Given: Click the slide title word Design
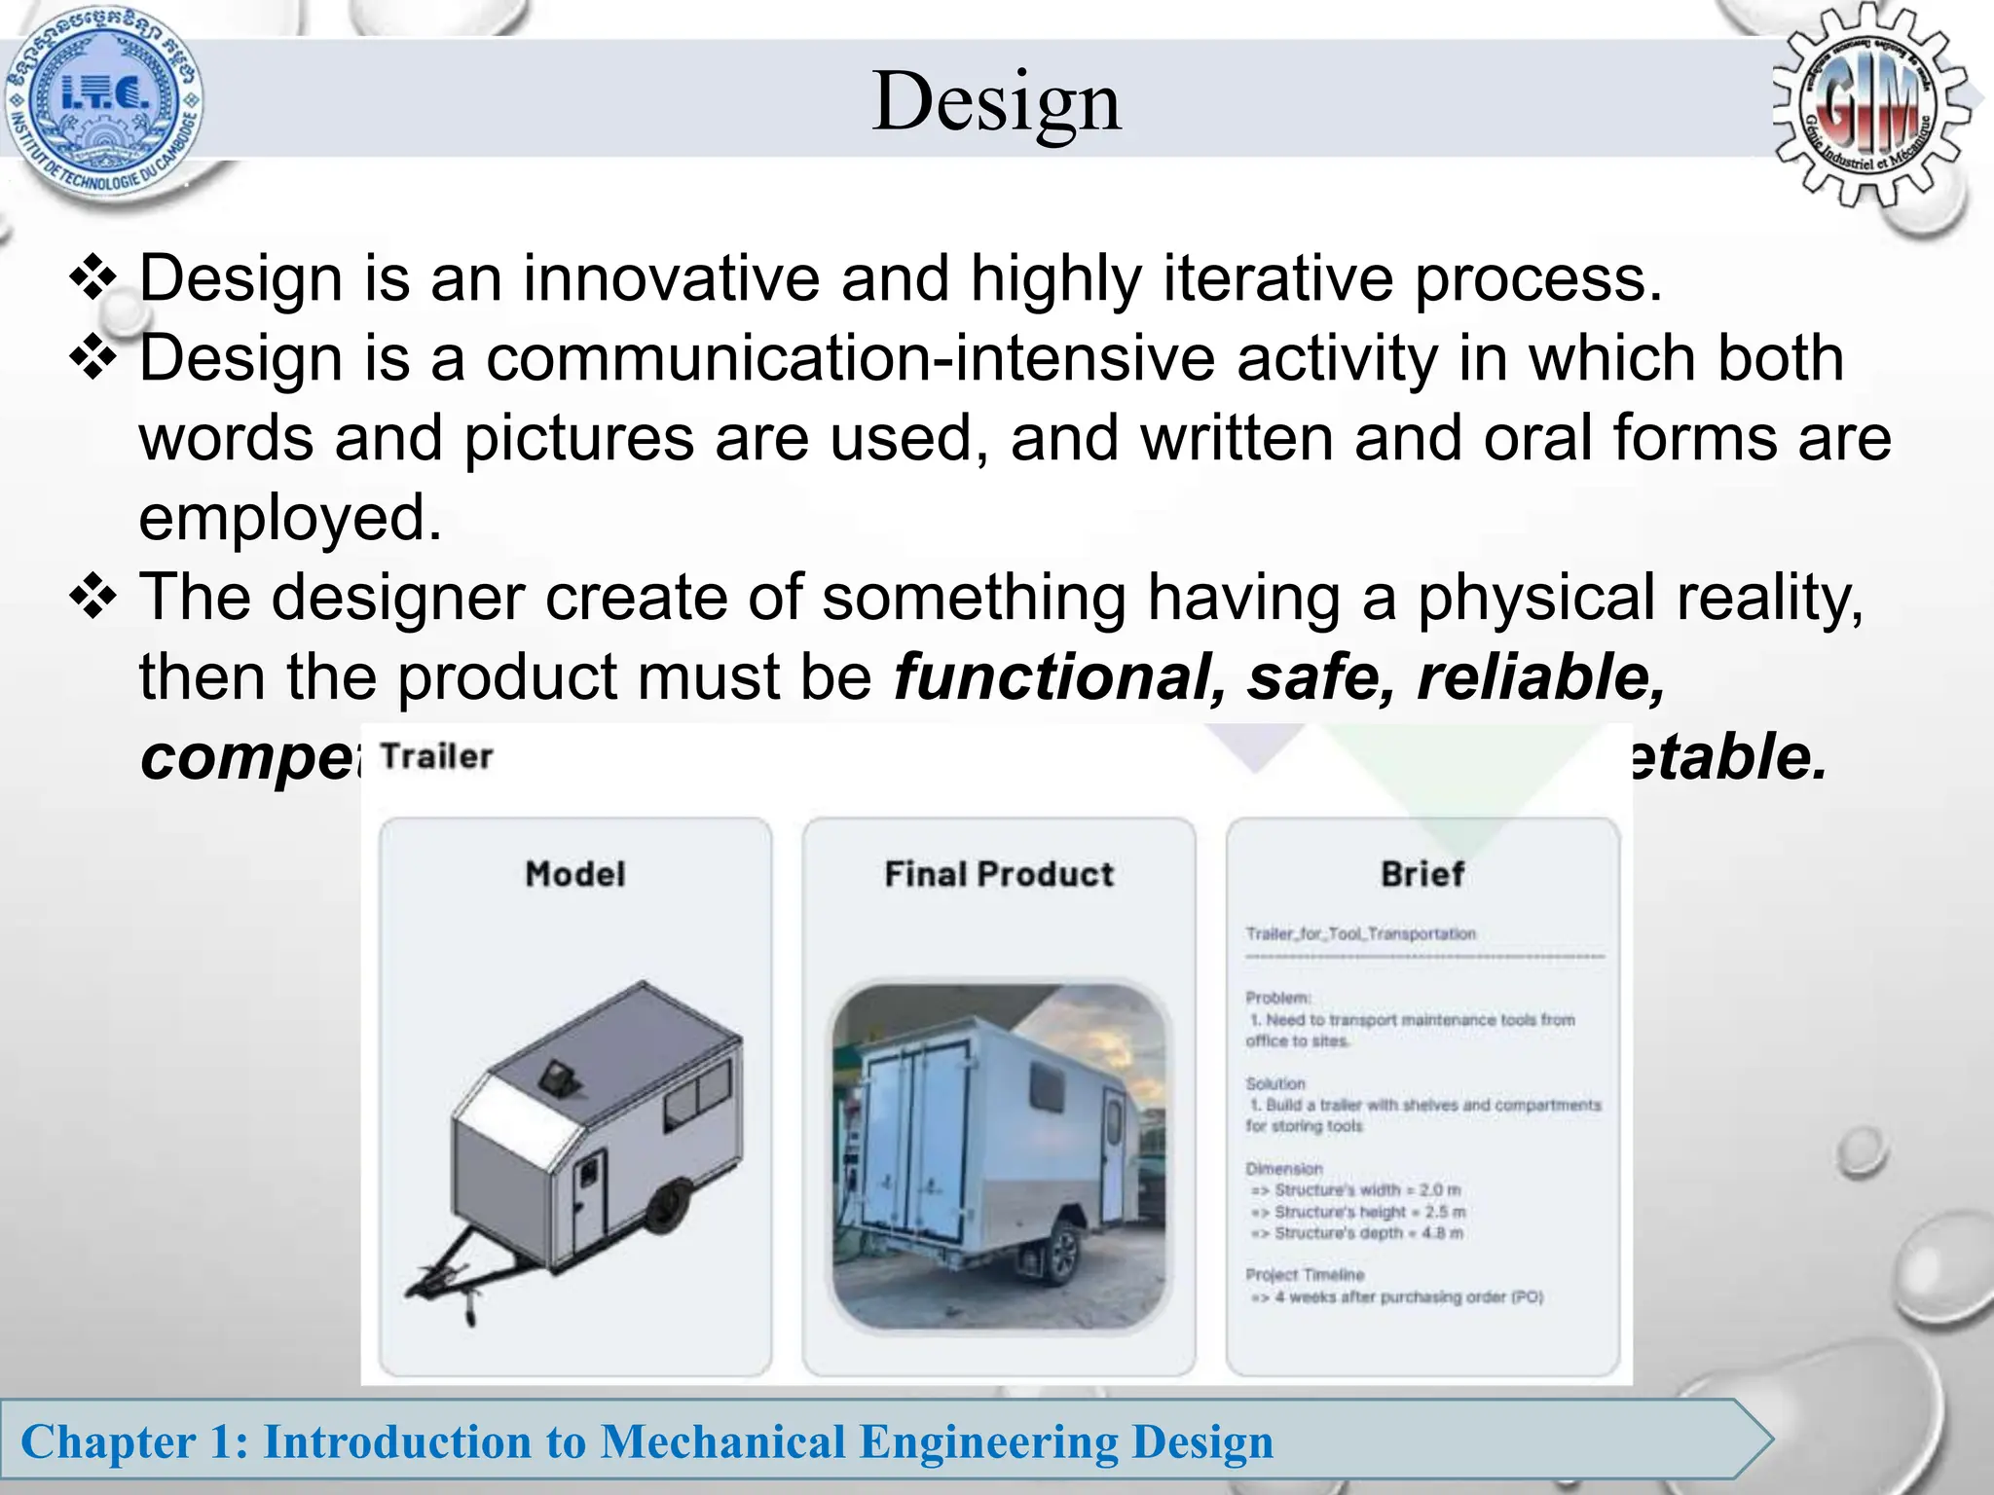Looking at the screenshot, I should (996, 101).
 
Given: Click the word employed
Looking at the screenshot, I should (289, 518).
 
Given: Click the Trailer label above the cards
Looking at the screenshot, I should (436, 756).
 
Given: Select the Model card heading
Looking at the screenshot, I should (575, 873).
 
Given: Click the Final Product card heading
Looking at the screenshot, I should (999, 873).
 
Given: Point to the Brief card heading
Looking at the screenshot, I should (1422, 873).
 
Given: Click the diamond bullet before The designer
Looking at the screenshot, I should (93, 596).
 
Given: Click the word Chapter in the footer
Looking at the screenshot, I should (108, 1441).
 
